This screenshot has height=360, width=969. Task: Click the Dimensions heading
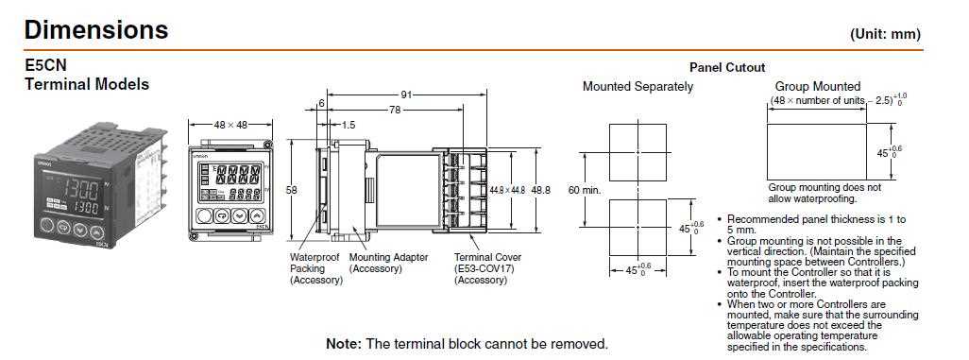(x=98, y=30)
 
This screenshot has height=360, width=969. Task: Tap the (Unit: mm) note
(x=885, y=33)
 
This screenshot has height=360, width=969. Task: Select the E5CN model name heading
(x=46, y=66)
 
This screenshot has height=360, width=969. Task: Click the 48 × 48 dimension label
(x=230, y=124)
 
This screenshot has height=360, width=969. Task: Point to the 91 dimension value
(x=406, y=94)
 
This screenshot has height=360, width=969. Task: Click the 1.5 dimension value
(x=348, y=125)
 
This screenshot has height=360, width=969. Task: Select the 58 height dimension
(x=292, y=190)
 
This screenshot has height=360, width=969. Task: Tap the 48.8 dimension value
(x=541, y=190)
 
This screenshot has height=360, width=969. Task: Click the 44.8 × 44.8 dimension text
(x=508, y=190)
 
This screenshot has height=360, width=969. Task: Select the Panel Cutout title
(x=727, y=67)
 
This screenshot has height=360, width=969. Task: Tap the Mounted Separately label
(x=637, y=87)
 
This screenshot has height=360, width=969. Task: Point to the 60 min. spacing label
(x=585, y=190)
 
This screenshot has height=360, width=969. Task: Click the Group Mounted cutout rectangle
(x=817, y=151)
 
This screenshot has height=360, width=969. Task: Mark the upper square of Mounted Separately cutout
(x=638, y=151)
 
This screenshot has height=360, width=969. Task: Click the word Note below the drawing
(x=342, y=344)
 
